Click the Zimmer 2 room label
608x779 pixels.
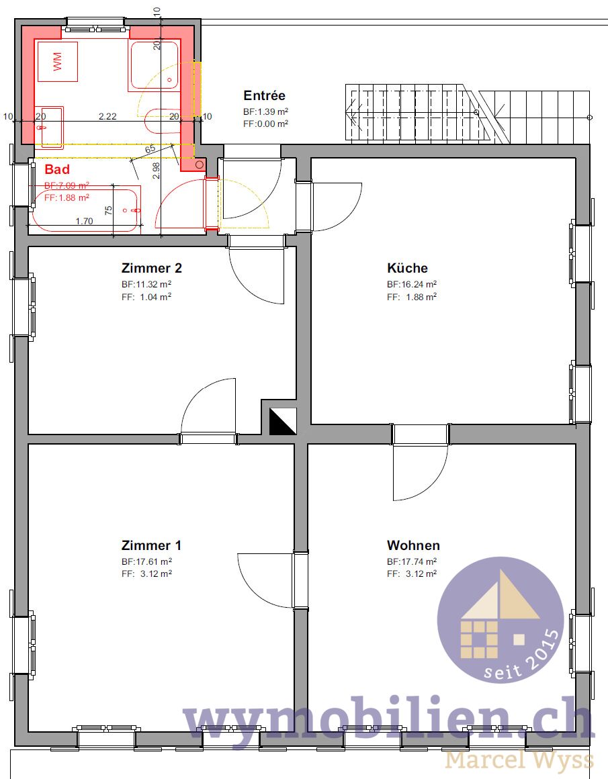(152, 268)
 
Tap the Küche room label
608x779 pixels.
(407, 268)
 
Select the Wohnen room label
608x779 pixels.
(413, 545)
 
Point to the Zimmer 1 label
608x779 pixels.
(151, 545)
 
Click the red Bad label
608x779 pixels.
(57, 169)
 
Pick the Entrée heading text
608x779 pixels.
(264, 96)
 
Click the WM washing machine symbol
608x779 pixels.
(57, 61)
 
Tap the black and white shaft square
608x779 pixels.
(282, 420)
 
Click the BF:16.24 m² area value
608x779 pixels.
(412, 284)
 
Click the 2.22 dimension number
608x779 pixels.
(107, 116)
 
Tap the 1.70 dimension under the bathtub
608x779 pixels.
(84, 220)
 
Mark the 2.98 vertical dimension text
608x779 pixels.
(156, 171)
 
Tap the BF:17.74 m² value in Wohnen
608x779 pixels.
(412, 561)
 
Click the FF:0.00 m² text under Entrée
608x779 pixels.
(266, 124)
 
